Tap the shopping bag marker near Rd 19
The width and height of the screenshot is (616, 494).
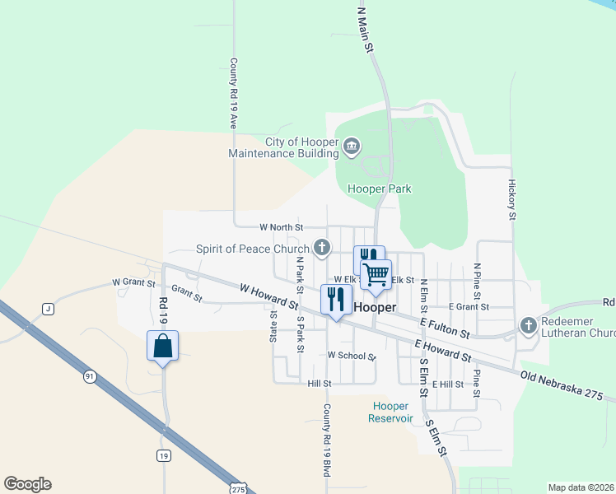click(162, 346)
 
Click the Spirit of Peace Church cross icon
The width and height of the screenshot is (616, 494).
click(322, 247)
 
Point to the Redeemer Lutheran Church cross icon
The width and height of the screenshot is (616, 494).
click(528, 327)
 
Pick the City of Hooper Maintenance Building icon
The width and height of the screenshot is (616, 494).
click(352, 147)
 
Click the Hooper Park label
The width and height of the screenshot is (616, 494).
click(379, 189)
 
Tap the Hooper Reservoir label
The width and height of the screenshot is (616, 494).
click(390, 412)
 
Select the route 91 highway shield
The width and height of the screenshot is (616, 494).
click(88, 376)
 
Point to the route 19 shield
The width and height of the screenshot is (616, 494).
click(163, 455)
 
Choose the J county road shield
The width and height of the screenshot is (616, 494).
click(48, 309)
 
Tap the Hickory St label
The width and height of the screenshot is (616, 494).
click(511, 200)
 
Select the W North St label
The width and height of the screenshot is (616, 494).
click(282, 226)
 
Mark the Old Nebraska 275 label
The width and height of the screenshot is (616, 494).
click(568, 388)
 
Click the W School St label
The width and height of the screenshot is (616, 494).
click(351, 356)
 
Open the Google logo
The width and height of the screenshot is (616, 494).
click(27, 484)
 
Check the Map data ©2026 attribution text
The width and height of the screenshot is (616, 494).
click(581, 487)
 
